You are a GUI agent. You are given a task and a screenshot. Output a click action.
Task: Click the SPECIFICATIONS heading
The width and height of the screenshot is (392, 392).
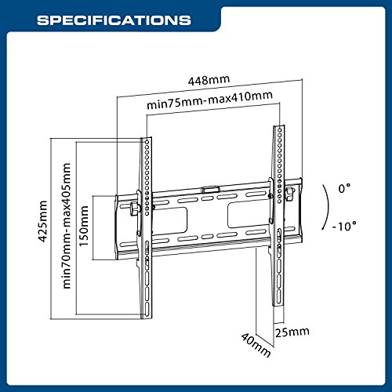point(114,20)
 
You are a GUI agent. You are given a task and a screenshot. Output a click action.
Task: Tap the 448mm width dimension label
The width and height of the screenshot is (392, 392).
point(209,80)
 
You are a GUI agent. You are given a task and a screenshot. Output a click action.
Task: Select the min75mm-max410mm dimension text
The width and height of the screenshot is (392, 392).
point(209,100)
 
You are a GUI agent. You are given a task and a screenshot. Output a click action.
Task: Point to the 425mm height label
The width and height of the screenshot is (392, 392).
point(42,221)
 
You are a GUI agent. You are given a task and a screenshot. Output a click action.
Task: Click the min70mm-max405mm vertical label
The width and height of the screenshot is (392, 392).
point(67,226)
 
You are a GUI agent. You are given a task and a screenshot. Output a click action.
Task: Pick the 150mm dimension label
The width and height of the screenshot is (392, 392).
point(84,226)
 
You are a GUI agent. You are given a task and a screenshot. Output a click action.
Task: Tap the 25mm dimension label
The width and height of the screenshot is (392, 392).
point(292,332)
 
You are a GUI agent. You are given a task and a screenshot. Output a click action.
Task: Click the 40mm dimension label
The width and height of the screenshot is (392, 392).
point(256,344)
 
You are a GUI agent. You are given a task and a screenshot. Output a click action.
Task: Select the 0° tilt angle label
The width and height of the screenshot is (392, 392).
point(344,188)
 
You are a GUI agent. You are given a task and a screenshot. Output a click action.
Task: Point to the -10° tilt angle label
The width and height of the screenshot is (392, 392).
point(344,226)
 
